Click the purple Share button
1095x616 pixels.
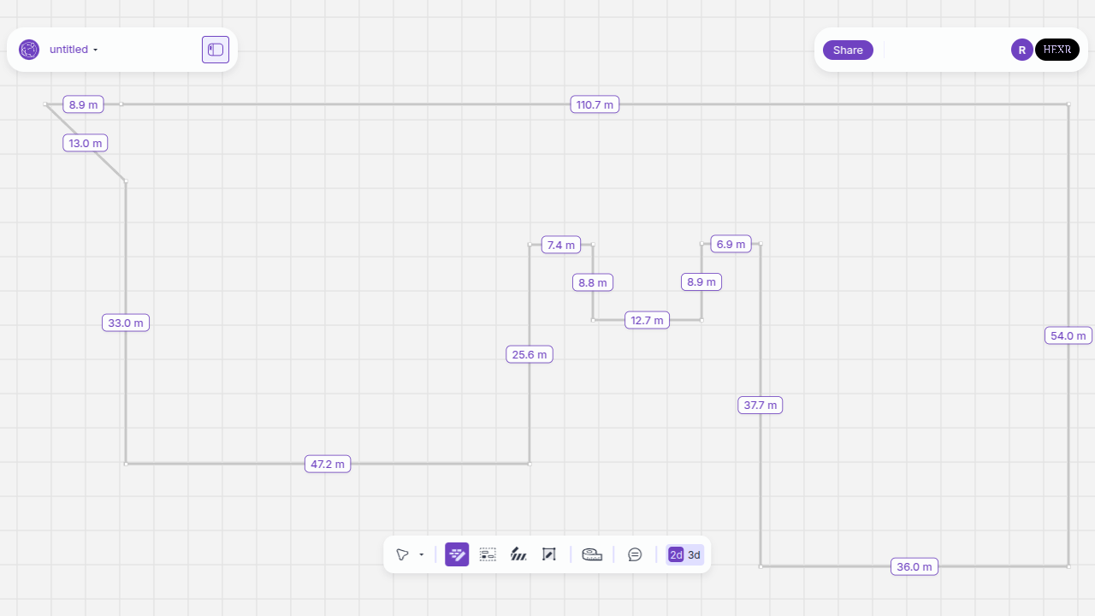point(848,50)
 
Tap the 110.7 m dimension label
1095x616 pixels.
point(595,104)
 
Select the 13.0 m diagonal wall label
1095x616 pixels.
point(85,143)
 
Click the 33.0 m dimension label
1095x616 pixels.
point(126,323)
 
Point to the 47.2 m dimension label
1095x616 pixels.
point(328,464)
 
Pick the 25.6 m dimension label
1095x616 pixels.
point(530,354)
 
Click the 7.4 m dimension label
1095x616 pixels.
point(560,245)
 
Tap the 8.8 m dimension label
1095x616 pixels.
point(593,282)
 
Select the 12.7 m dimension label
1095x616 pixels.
point(647,320)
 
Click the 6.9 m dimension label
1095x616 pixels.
point(731,244)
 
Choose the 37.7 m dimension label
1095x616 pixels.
point(761,405)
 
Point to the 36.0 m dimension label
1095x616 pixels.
point(914,566)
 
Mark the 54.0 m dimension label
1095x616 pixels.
point(1068,336)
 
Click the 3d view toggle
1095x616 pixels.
point(694,555)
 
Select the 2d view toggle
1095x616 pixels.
point(676,555)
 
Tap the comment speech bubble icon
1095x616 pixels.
point(635,554)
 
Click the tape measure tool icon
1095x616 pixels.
point(592,554)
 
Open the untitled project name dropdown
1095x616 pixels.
point(74,50)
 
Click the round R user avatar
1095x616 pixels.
point(1021,50)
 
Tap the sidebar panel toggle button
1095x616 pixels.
point(216,50)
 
